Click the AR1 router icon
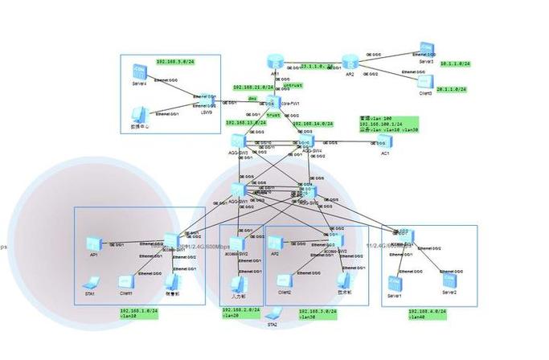pos(275,62)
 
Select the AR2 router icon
pos(349,62)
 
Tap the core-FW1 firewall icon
pos(272,103)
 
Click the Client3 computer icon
pos(426,81)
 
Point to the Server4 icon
pos(140,71)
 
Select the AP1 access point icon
pos(94,243)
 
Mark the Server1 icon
pos(394,284)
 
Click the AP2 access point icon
pos(275,243)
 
